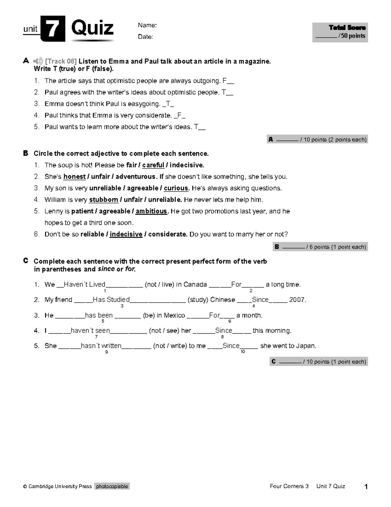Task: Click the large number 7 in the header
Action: tap(53, 29)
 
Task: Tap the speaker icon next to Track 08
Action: tap(38, 61)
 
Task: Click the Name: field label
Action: tap(147, 25)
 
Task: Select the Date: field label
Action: tap(145, 37)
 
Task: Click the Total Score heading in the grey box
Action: tap(347, 28)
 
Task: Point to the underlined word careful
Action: tap(153, 165)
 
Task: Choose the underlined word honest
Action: tap(74, 177)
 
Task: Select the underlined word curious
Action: tap(176, 188)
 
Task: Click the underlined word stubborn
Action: tap(104, 199)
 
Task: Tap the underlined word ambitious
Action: tap(151, 211)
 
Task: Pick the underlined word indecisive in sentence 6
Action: tap(126, 234)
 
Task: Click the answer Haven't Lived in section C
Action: tap(84, 284)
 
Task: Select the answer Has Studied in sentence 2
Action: tap(111, 300)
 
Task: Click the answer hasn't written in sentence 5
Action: tap(101, 346)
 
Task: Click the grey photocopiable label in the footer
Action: tap(112, 486)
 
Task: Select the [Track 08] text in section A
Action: tap(61, 61)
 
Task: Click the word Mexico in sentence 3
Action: tap(174, 315)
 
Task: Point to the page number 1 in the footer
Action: tap(366, 487)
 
